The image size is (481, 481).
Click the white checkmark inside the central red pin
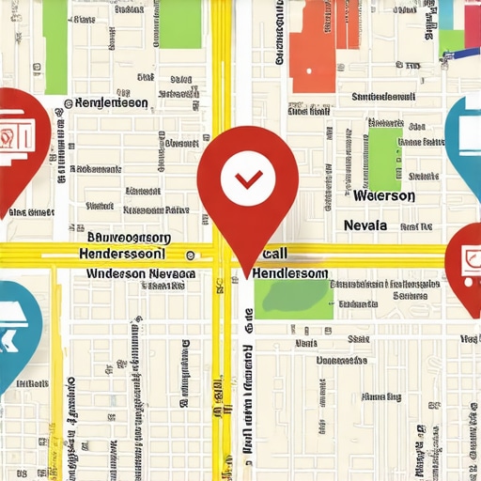point(248,178)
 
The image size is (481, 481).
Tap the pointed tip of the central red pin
point(248,276)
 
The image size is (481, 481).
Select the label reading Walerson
point(384,196)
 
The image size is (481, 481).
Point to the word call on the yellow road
point(275,254)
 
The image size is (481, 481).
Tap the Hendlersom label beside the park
point(290,272)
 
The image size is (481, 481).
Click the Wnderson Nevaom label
point(140,273)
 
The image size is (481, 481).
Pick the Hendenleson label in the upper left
point(110,102)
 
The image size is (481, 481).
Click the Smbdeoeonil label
point(382,97)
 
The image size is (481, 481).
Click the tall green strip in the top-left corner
point(55,33)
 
